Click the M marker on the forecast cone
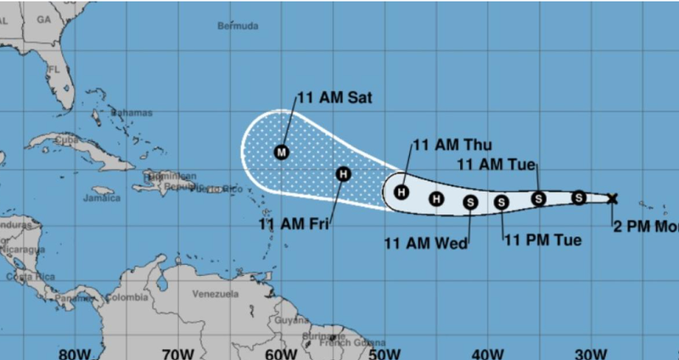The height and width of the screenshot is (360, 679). [283, 153]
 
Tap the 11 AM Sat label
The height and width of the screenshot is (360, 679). [334, 98]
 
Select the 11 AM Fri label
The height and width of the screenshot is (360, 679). [293, 225]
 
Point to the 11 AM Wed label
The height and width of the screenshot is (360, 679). [426, 244]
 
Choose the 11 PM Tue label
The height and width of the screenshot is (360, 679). [543, 240]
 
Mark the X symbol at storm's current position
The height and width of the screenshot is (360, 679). [613, 199]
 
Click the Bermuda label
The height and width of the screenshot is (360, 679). [238, 26]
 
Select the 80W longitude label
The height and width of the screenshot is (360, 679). [75, 351]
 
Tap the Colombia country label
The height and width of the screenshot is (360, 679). [126, 297]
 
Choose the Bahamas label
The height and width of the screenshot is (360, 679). [133, 112]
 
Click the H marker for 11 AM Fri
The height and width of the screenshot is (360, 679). [343, 175]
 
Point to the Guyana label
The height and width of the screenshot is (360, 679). [284, 321]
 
